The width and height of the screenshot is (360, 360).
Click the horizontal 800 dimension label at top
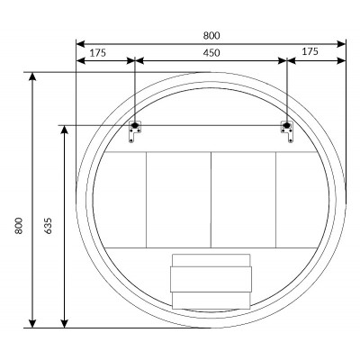pos(211,35)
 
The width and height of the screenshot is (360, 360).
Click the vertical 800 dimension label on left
pos(19,226)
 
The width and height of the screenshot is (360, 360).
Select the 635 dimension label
pos(48,226)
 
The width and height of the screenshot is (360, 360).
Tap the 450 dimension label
pos(211,53)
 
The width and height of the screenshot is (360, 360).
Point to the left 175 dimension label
pos(98,53)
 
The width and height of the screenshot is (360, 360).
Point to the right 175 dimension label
pos(310,51)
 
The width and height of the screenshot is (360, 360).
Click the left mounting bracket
pos(135,131)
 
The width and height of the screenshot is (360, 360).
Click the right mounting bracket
pos(287,131)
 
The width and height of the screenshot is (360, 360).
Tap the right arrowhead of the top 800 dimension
pos(341,44)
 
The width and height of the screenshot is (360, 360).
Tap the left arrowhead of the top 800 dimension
pos(80,44)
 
